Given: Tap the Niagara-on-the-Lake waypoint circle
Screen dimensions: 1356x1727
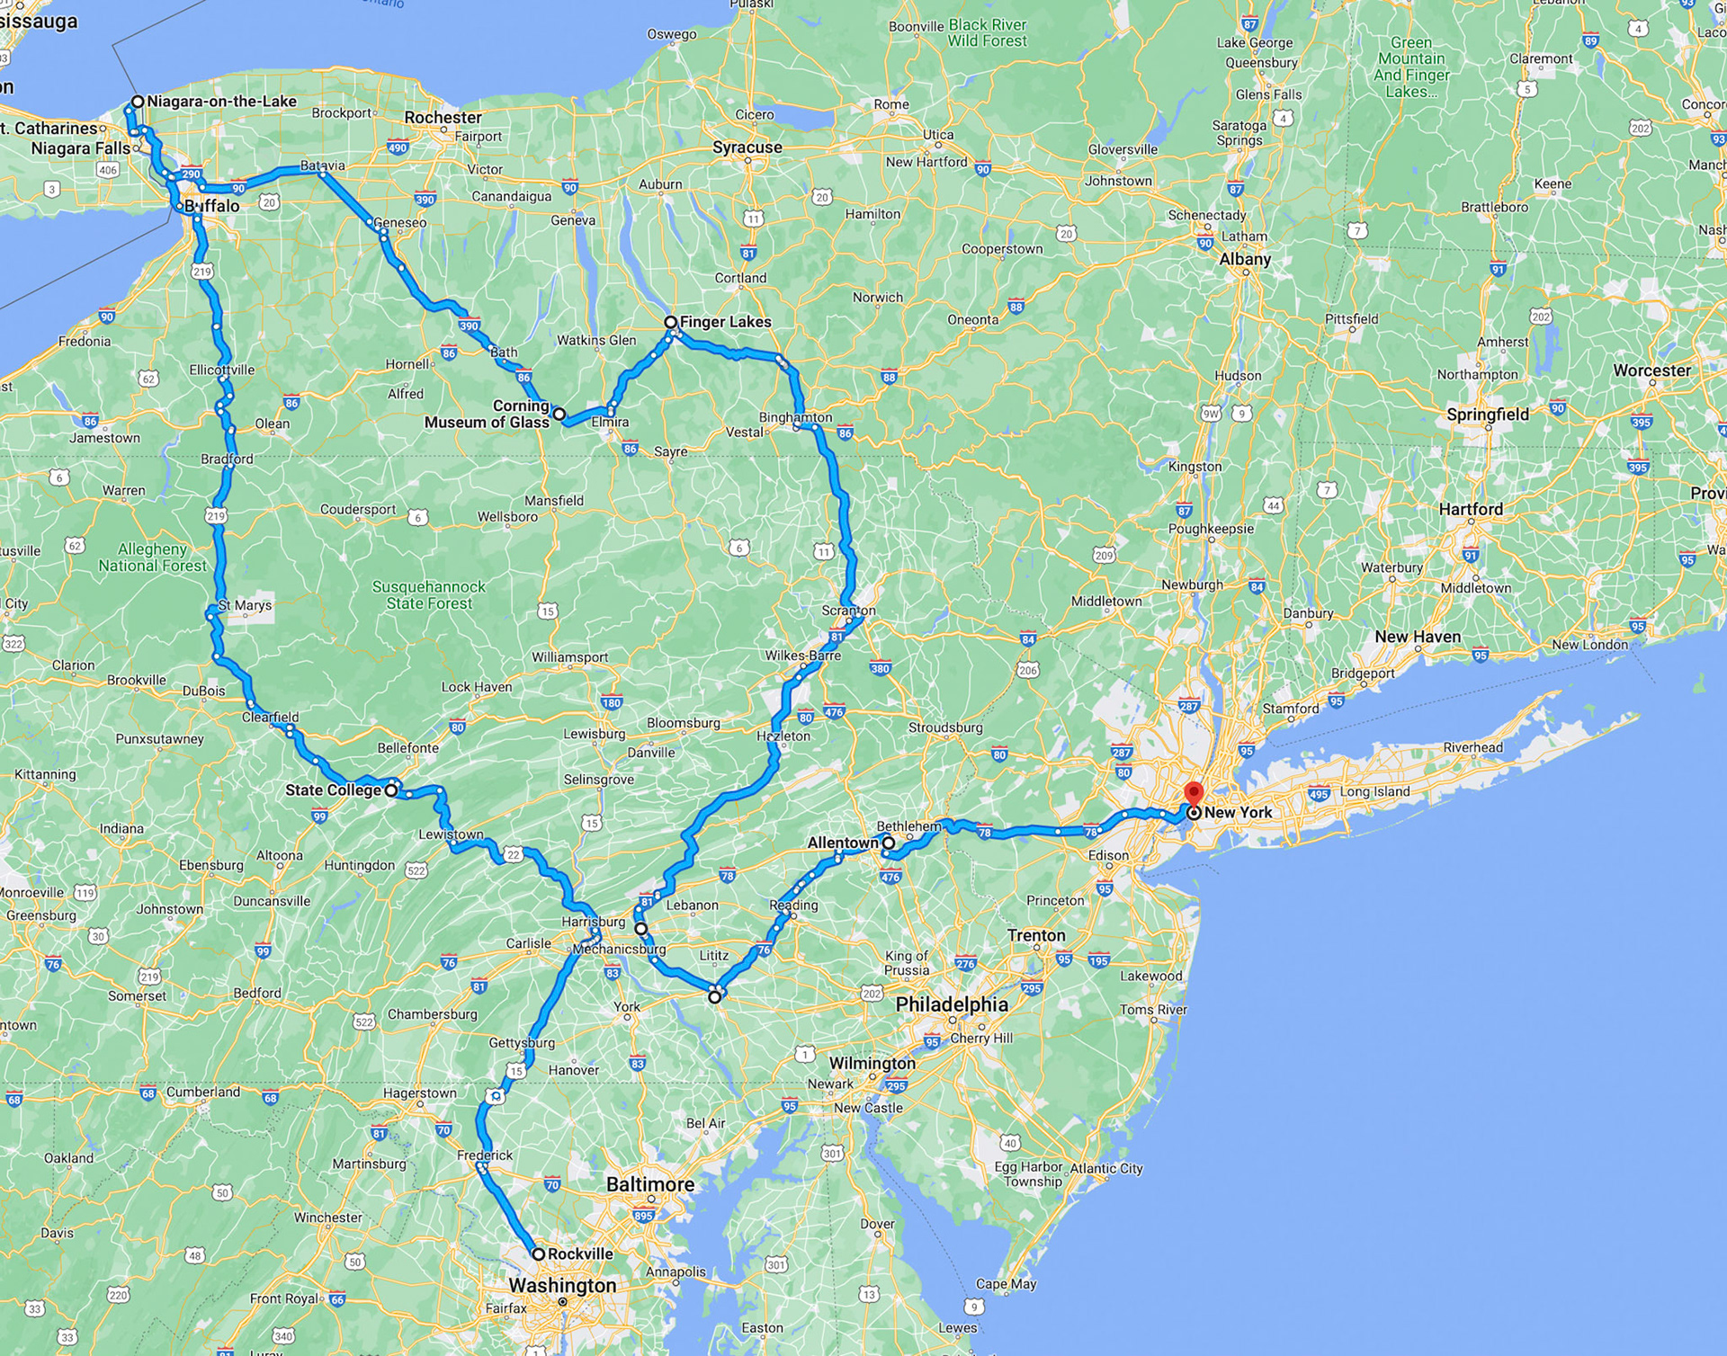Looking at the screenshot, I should (x=138, y=102).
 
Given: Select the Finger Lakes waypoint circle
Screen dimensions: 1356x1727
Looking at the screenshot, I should (x=670, y=322).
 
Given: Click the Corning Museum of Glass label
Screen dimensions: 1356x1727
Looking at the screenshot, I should (x=487, y=414).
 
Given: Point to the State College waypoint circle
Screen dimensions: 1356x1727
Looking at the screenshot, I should (x=390, y=790).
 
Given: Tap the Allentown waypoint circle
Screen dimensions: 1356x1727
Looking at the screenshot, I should (x=888, y=843).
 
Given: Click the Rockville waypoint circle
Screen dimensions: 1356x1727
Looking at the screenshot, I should (x=538, y=1253).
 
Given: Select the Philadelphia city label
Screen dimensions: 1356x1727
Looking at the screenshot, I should (x=952, y=1004).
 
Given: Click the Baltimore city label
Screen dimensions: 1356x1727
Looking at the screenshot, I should (x=650, y=1184).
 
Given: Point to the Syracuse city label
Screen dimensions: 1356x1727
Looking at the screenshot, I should (x=747, y=147).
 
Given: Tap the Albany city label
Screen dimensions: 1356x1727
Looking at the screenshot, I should (x=1245, y=259).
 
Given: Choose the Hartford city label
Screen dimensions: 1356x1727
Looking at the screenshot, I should (x=1471, y=509).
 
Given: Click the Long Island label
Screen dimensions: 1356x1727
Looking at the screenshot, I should (x=1374, y=791).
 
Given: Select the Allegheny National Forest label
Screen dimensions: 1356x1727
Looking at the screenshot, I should (x=153, y=558).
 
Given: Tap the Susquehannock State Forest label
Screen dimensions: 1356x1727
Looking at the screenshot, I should (x=429, y=595).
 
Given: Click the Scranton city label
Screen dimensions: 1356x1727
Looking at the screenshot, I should (x=848, y=611).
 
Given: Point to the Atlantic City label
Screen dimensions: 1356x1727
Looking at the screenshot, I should (x=1105, y=1168).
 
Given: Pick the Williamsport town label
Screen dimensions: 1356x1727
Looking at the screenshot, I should (x=569, y=657).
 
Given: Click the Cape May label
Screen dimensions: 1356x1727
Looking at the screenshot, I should (x=1006, y=1283).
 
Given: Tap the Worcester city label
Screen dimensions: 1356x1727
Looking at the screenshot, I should (x=1651, y=370).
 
